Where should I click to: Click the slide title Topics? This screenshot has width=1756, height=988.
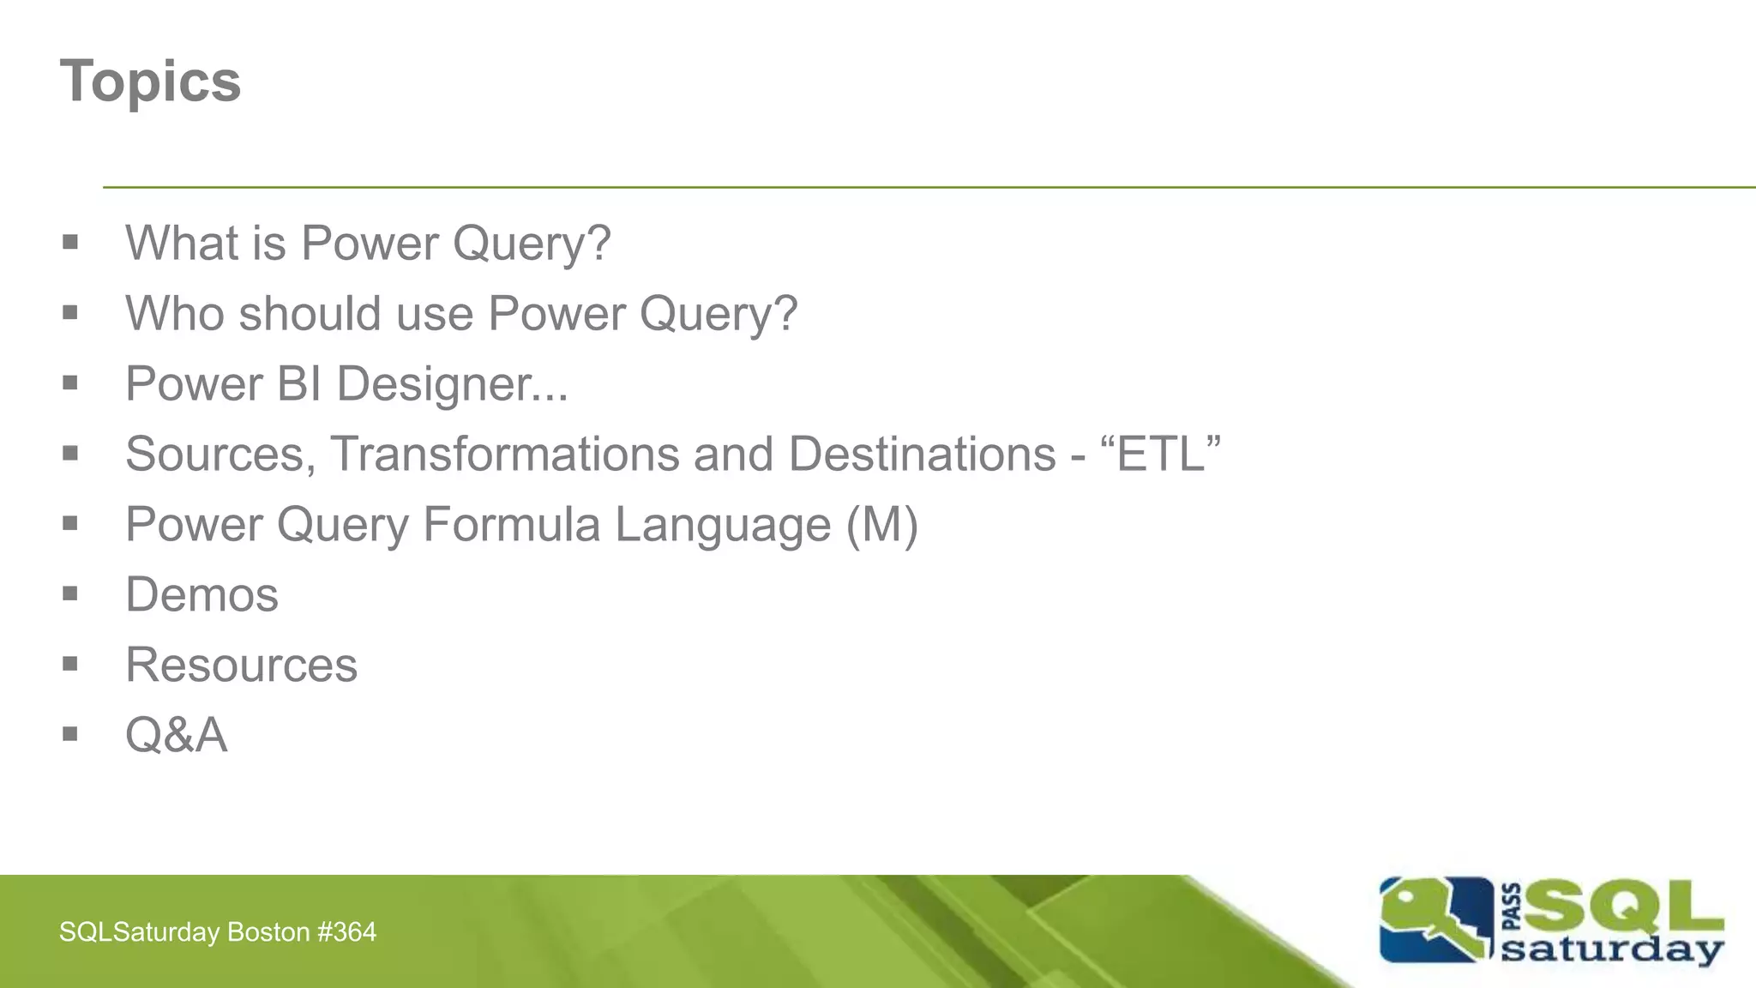point(150,81)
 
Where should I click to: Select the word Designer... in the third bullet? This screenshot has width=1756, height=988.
point(452,383)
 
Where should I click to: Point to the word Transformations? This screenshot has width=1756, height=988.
point(504,454)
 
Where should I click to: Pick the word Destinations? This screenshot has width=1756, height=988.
point(922,454)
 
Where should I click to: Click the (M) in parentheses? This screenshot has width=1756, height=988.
point(882,524)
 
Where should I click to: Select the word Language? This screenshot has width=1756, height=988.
point(723,526)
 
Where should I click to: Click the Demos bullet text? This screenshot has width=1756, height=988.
point(201,594)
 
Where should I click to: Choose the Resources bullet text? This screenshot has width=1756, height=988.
point(241,665)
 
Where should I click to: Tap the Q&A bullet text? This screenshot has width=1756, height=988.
point(177,735)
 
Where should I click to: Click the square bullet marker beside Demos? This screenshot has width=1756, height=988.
point(70,593)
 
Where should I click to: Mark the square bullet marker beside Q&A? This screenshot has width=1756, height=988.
point(70,734)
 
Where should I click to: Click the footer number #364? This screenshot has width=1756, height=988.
point(346,932)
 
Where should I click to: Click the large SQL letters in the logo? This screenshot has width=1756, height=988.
point(1623,907)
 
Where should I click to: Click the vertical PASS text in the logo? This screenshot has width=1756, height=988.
point(1512,907)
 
